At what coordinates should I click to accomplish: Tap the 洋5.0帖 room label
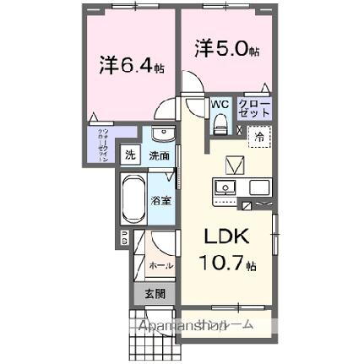225,48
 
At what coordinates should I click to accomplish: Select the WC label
220,105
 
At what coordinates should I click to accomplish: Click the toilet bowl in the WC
220,124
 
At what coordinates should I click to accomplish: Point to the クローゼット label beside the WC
260,108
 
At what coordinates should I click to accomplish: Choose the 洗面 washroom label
158,155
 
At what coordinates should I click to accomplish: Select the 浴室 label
160,200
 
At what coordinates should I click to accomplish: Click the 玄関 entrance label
155,294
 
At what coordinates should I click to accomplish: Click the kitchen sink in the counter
225,188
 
